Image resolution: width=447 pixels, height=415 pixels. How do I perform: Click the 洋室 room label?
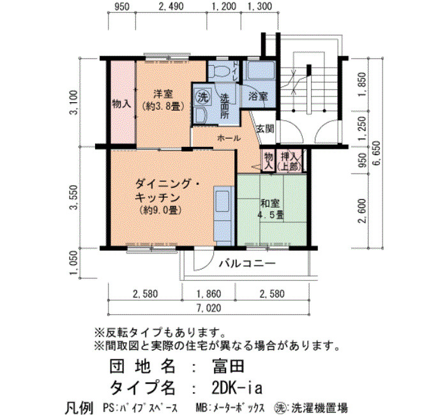(x=163, y=94)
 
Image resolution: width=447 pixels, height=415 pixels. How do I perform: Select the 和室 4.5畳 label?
(x=270, y=209)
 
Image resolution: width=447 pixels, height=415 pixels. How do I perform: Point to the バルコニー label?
(x=247, y=263)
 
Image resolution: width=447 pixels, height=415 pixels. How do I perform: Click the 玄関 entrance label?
(x=266, y=129)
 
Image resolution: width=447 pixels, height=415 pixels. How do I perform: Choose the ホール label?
(x=229, y=139)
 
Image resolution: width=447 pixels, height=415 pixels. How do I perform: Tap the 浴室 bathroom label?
(x=258, y=96)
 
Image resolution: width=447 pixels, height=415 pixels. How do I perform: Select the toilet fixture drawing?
(x=219, y=70)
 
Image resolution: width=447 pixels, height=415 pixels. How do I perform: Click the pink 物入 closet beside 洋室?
(x=122, y=103)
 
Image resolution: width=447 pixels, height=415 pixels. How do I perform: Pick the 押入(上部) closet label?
(x=289, y=161)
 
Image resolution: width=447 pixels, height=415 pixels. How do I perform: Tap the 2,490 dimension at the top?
(x=171, y=6)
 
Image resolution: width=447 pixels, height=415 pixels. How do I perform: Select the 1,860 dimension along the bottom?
(x=209, y=294)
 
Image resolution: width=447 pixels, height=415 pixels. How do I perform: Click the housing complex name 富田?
(x=227, y=366)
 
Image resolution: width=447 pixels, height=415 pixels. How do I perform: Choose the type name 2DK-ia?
(x=236, y=388)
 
